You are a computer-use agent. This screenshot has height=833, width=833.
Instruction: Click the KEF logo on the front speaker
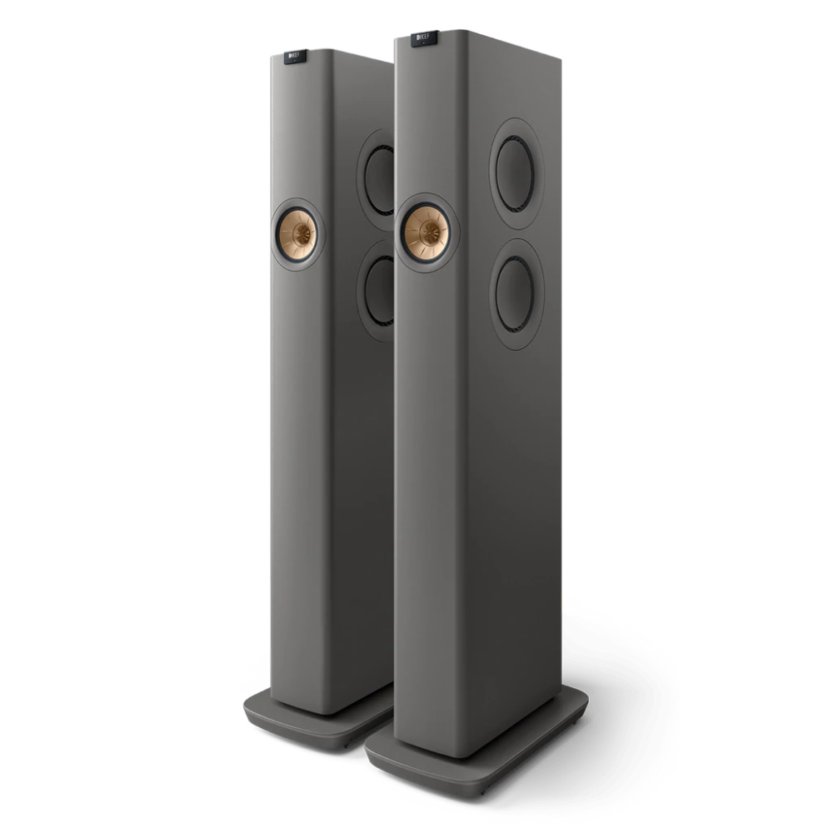[x=424, y=37]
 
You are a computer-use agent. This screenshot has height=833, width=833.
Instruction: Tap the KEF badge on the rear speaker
[x=295, y=56]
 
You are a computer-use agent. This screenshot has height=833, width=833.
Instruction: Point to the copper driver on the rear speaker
[x=297, y=233]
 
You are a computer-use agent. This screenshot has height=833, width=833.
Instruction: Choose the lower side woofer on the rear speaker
[x=380, y=291]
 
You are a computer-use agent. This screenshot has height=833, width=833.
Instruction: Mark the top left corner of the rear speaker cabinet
[x=272, y=55]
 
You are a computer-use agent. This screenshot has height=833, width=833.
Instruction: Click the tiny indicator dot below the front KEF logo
[x=425, y=44]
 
